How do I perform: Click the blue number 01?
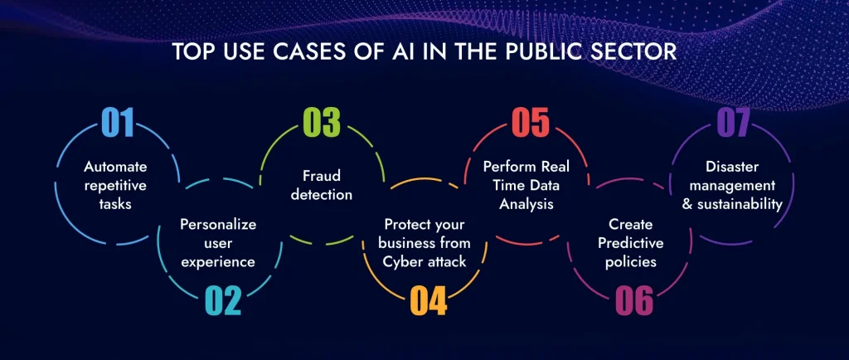click(118, 122)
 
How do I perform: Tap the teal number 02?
click(222, 300)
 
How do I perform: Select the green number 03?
click(322, 122)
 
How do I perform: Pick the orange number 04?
click(428, 300)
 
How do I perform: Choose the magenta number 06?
click(634, 300)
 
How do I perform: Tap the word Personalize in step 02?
click(219, 225)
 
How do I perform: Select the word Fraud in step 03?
click(323, 176)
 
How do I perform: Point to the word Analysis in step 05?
click(530, 204)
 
